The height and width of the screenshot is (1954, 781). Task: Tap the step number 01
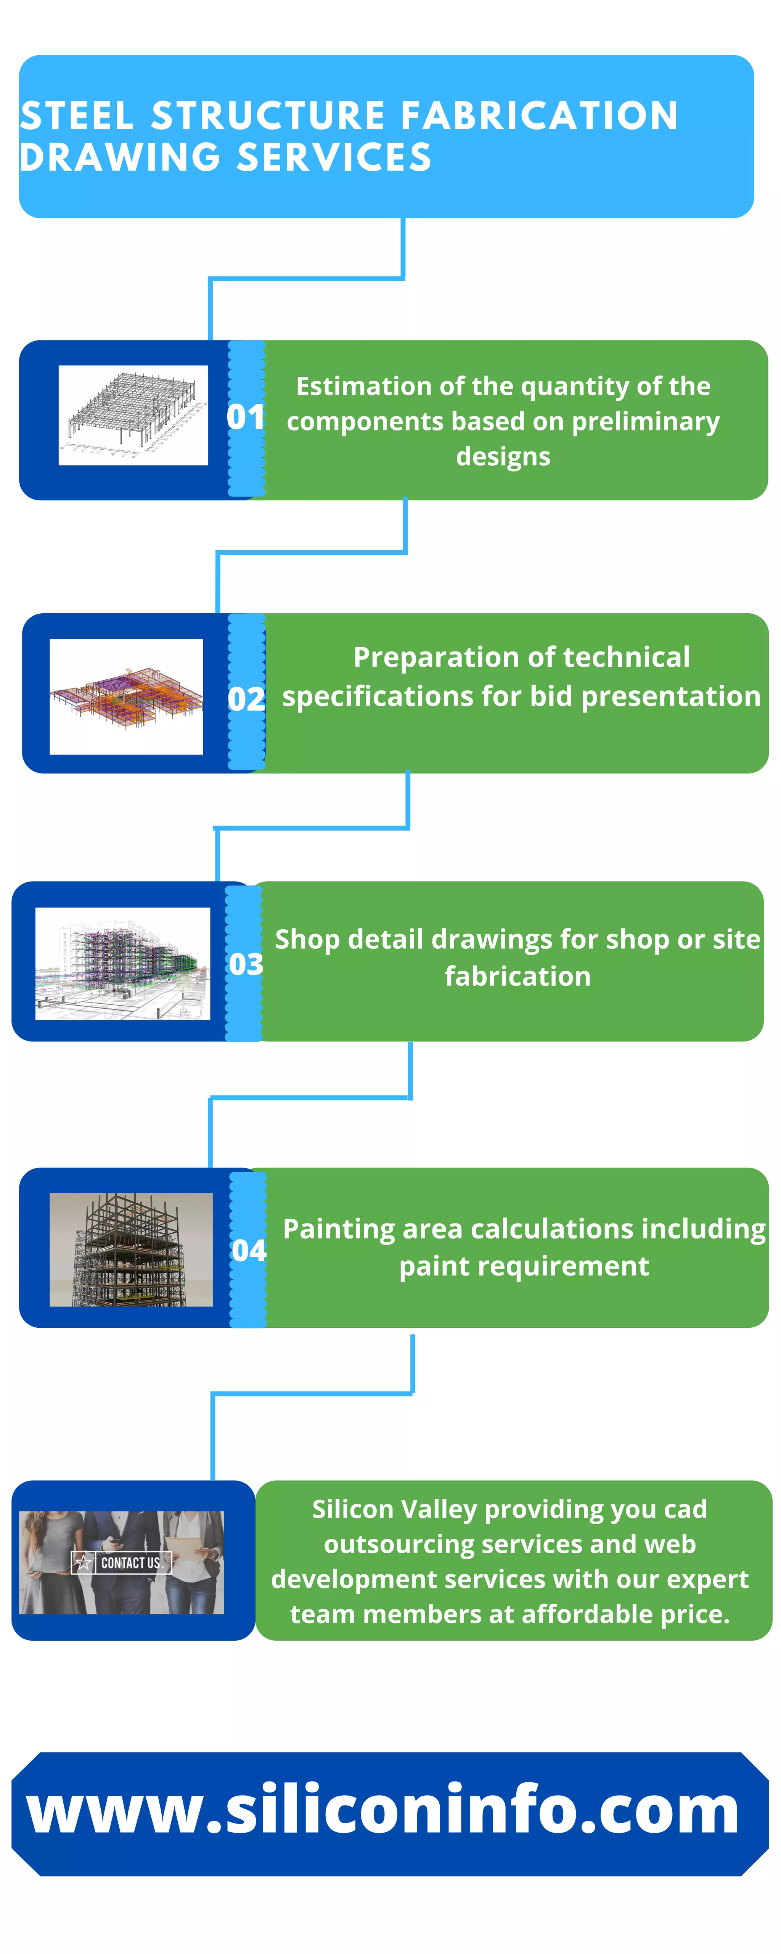point(245,417)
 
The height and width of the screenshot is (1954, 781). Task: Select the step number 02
point(246,699)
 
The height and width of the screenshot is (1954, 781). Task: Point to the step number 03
point(246,964)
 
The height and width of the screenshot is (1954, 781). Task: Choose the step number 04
point(249,1250)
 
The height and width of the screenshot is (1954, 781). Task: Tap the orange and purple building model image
point(126,696)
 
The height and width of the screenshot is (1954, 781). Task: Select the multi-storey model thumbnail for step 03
point(123,963)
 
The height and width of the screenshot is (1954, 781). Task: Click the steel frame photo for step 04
point(131,1249)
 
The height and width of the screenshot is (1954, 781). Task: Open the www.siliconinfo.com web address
point(383,1811)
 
